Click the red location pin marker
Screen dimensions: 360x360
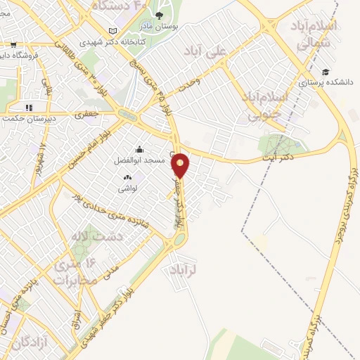(181, 166)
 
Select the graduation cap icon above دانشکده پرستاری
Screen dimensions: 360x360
(325, 71)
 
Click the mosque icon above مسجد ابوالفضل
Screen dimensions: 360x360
(139, 149)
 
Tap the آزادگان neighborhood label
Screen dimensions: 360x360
(30, 344)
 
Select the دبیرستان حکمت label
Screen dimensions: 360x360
(28, 118)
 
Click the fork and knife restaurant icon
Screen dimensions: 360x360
(29, 108)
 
